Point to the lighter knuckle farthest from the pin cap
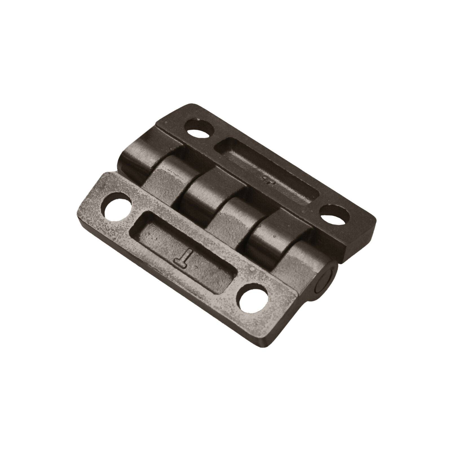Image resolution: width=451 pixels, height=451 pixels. [166, 178]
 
